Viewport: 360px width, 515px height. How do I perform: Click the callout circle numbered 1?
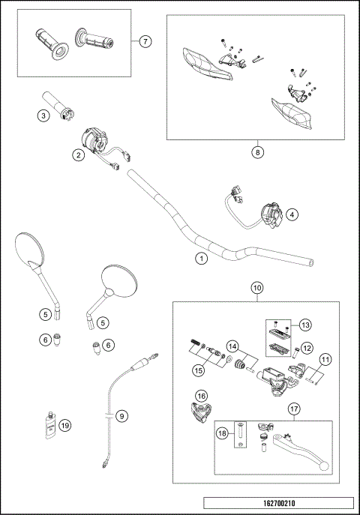(200, 258)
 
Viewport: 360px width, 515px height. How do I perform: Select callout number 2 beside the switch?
(77, 155)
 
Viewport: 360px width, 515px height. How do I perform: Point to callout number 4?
(292, 213)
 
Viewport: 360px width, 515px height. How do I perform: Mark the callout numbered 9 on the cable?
(121, 415)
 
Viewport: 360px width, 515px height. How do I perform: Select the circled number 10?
(257, 288)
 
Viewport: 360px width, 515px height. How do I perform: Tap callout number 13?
(304, 325)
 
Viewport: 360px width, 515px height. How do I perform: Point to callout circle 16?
(201, 396)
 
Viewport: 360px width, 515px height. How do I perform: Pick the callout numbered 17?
(293, 409)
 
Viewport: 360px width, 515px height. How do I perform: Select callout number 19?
(65, 425)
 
